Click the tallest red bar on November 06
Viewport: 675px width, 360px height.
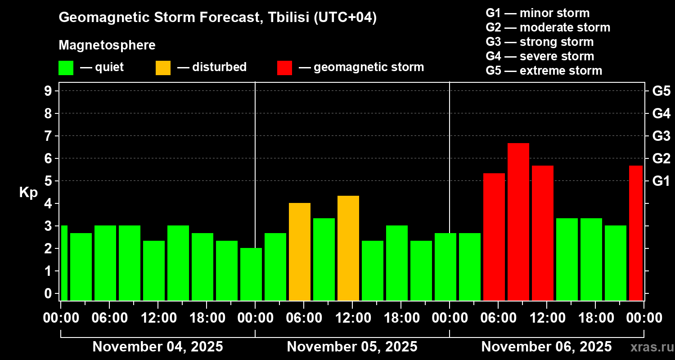point(518,221)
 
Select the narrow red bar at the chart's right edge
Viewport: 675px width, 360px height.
point(635,233)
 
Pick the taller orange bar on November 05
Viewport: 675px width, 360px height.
point(348,248)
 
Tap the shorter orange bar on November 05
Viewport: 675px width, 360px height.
point(299,252)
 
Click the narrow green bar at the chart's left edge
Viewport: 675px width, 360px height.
point(64,263)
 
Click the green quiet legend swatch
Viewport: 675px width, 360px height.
point(66,67)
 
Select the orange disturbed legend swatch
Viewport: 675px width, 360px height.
point(163,67)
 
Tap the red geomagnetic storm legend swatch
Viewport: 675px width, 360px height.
point(284,67)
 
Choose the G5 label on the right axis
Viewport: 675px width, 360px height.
point(661,91)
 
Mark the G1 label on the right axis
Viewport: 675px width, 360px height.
point(661,181)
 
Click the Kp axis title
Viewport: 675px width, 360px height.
point(28,192)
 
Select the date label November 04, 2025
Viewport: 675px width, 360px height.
point(157,347)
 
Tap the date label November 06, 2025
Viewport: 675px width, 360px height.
point(546,347)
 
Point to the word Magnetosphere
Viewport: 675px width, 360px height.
point(107,45)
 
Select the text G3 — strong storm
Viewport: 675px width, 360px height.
point(540,42)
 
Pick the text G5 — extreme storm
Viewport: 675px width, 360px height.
point(544,71)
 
